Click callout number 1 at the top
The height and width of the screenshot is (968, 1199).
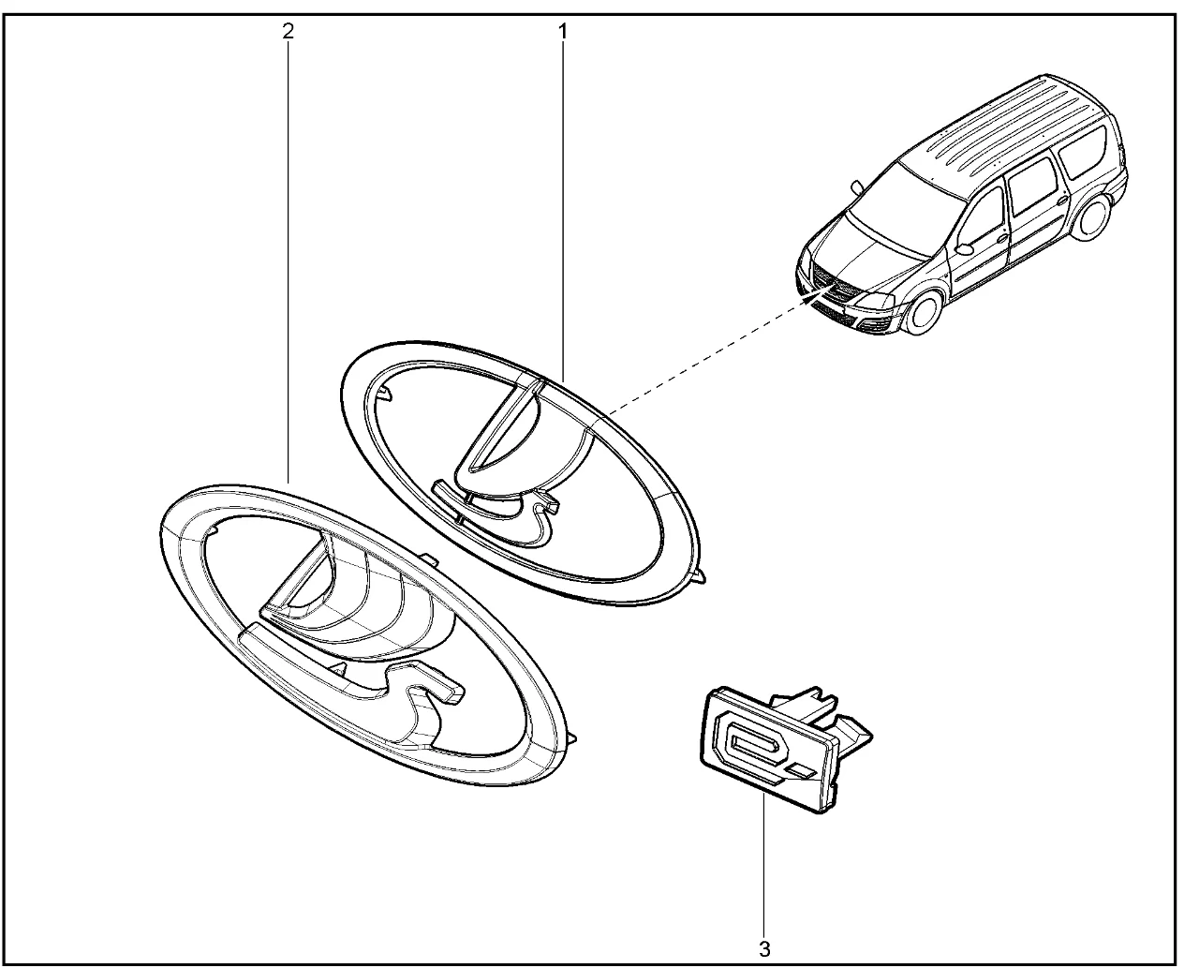coord(562,32)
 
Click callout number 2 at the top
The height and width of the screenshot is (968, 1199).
coord(289,32)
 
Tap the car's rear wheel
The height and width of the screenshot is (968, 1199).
coord(1090,215)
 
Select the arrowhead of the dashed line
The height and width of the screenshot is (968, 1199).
coord(815,295)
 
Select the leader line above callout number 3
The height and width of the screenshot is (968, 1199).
coord(763,864)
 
